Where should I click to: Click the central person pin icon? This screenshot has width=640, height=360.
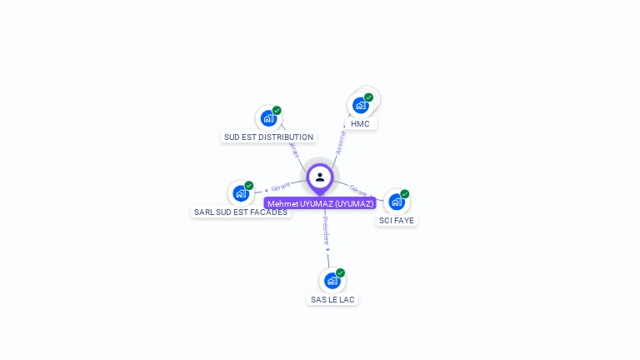[x=320, y=177]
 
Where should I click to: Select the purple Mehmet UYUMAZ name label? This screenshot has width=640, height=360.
[x=320, y=203]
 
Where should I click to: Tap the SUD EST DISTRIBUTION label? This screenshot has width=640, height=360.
[x=268, y=137]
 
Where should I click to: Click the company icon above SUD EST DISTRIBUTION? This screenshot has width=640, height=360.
[x=268, y=118]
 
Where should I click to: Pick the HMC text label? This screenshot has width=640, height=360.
[x=360, y=124]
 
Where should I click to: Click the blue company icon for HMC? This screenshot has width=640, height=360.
[x=360, y=105]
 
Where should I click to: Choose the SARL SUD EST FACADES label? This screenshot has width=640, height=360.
[x=241, y=212]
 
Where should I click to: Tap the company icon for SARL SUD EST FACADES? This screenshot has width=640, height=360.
[x=241, y=193]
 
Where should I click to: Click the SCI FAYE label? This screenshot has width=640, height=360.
[x=397, y=221]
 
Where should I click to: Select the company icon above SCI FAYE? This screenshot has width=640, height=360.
[x=397, y=202]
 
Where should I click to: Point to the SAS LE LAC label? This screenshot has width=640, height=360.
[x=332, y=299]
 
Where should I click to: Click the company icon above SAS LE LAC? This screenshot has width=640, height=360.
[x=332, y=281]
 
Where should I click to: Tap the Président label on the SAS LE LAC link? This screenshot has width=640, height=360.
[x=326, y=230]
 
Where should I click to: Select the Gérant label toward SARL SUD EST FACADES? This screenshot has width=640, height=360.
[x=281, y=187]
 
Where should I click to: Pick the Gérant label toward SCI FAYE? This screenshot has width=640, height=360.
[x=359, y=190]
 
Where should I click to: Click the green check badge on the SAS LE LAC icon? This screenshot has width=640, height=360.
[x=340, y=273]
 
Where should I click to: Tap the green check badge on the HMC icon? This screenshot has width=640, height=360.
[x=368, y=97]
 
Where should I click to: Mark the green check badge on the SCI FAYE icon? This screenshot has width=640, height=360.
[x=404, y=194]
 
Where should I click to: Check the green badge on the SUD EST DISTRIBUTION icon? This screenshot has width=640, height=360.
[x=277, y=111]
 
